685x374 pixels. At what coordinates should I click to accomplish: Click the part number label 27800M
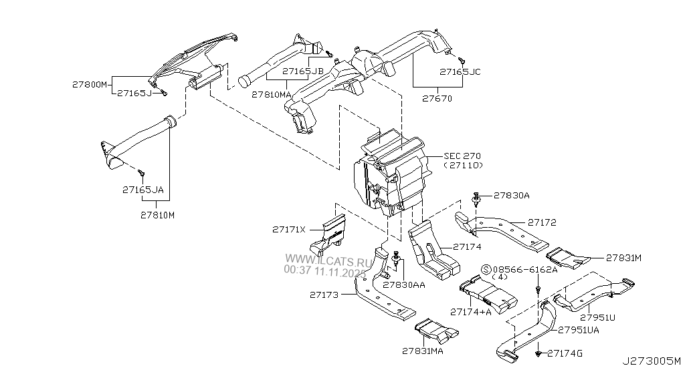click(x=90, y=85)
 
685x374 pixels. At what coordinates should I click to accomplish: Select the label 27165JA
click(x=142, y=190)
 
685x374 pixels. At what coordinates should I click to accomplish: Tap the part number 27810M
click(x=157, y=215)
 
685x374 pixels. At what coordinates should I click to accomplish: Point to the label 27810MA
click(x=272, y=95)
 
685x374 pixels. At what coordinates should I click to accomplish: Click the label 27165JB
click(x=303, y=71)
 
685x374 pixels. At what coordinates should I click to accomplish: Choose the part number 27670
click(x=437, y=99)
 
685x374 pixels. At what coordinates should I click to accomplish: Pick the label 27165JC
click(x=460, y=71)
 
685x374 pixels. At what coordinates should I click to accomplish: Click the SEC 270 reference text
click(x=462, y=156)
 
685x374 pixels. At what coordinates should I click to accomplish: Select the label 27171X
click(x=288, y=230)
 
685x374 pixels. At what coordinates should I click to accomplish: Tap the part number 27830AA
click(x=405, y=285)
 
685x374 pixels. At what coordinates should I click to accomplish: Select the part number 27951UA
click(x=579, y=330)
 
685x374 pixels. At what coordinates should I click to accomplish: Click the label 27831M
click(x=624, y=257)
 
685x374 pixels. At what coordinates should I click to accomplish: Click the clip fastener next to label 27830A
click(x=476, y=199)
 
